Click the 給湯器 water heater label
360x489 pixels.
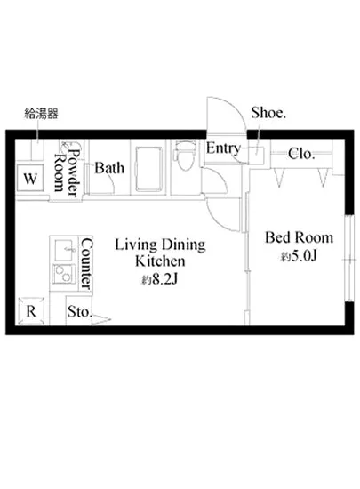click(41, 114)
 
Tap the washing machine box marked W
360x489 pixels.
click(30, 179)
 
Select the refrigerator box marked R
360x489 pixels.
click(31, 311)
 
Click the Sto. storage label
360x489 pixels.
click(79, 311)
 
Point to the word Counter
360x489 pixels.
click(86, 264)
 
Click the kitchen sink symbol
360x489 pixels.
click(66, 250)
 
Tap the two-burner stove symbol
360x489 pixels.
click(64, 274)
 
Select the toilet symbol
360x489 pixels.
click(186, 156)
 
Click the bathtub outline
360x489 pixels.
click(148, 169)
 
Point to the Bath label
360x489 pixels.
click(109, 168)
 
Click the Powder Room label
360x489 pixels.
click(67, 172)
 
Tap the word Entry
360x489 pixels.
click(223, 148)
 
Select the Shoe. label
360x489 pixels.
click(268, 113)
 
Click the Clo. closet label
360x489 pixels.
click(301, 154)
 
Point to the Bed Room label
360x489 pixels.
click(299, 237)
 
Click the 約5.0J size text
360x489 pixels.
click(299, 256)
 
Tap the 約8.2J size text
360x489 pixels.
click(160, 280)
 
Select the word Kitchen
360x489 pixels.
click(160, 261)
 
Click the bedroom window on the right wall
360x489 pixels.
click(349, 258)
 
